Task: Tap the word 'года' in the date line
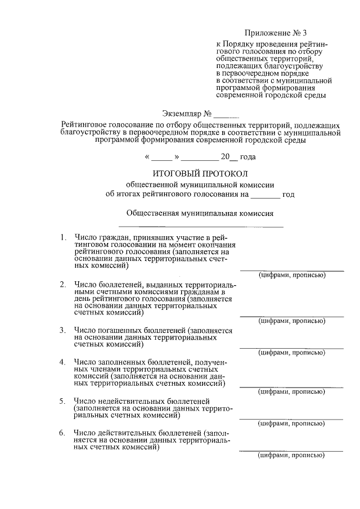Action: [248, 157]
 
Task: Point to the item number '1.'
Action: [63, 238]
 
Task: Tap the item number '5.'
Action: [63, 401]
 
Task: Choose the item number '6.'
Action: [63, 433]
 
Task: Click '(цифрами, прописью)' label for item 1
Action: [291, 275]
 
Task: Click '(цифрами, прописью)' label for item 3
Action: [291, 353]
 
